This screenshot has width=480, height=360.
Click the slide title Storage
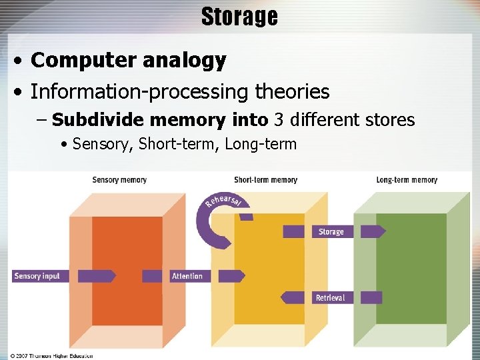(239, 17)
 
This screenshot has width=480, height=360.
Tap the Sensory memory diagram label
(119, 180)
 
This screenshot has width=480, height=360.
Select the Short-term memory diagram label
(265, 180)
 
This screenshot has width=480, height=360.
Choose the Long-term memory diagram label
(407, 180)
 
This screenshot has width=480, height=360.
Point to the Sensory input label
(37, 276)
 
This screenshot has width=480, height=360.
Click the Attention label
(187, 276)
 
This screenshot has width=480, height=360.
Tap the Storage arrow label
(331, 232)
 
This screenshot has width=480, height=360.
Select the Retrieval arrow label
(331, 297)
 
